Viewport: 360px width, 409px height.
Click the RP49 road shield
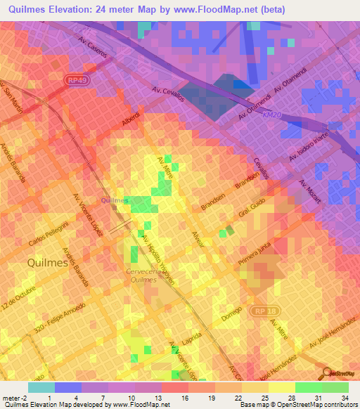(79, 80)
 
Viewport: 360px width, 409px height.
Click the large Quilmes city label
(47, 263)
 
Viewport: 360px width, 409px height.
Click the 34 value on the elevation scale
(344, 398)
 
